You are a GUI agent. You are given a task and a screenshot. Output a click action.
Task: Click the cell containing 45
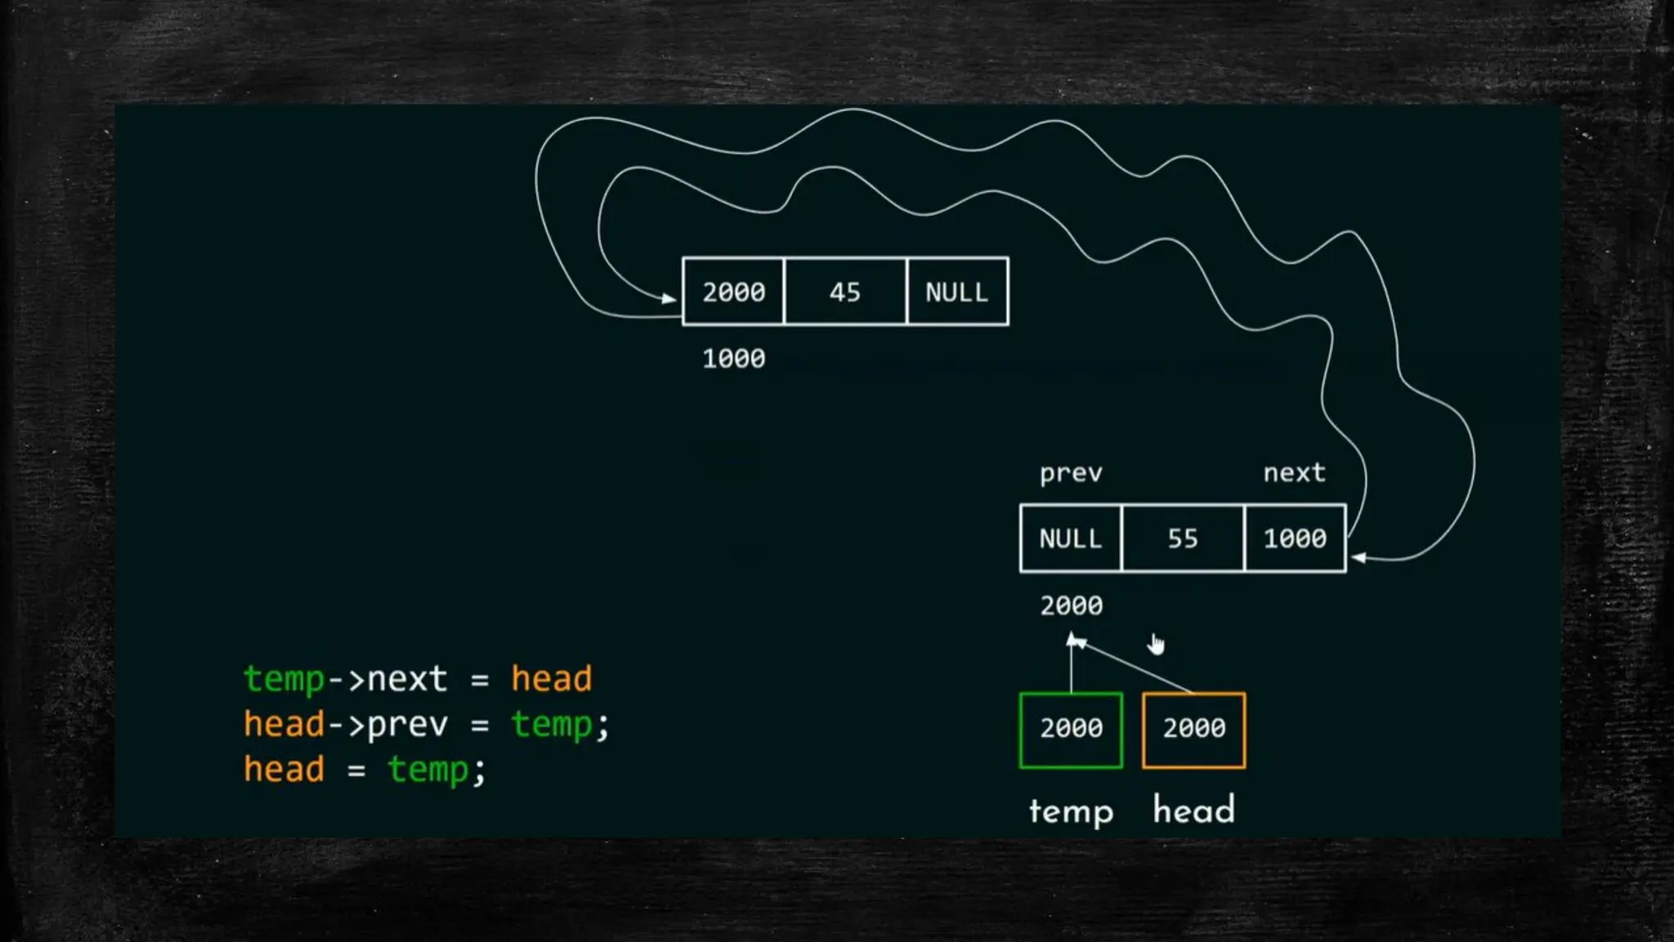(844, 292)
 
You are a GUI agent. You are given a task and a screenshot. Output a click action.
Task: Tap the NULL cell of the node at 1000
(957, 292)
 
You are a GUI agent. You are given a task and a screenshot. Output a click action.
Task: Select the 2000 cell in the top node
(733, 292)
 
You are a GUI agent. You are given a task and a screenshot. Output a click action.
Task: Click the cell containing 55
(1183, 538)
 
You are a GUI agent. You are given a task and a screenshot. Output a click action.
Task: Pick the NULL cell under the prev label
(1071, 538)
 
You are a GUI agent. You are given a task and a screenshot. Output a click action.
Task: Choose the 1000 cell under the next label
(1295, 538)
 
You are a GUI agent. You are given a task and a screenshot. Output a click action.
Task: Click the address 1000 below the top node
(734, 359)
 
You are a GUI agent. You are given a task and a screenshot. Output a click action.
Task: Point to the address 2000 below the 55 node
(1071, 605)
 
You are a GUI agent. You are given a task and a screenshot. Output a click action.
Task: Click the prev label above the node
(1071, 473)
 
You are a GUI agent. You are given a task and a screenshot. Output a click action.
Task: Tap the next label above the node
(1294, 472)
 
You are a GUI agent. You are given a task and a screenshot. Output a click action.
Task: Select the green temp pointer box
(1071, 730)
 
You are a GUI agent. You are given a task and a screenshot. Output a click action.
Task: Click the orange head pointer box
(1193, 730)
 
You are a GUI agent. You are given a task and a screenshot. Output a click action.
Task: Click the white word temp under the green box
(1071, 811)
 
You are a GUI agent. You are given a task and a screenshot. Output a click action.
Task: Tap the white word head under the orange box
(1193, 810)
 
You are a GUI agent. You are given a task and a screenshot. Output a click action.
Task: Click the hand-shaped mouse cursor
(1157, 645)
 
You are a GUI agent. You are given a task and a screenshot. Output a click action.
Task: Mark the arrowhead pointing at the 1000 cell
(1358, 558)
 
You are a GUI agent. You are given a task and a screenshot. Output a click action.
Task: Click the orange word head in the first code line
(551, 679)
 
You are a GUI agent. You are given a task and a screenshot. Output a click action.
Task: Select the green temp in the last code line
(427, 770)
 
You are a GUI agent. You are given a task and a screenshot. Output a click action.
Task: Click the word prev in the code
(407, 725)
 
